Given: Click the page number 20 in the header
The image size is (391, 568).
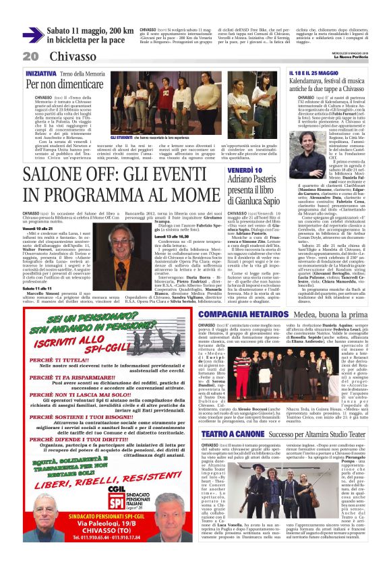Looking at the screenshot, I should [30, 56].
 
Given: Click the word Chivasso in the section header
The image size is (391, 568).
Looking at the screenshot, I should [72, 56].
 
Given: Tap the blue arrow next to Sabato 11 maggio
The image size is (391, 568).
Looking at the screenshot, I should [33, 35].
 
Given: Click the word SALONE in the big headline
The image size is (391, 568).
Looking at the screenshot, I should [59, 175].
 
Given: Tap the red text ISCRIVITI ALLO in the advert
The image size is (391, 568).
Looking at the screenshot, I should [75, 341].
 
